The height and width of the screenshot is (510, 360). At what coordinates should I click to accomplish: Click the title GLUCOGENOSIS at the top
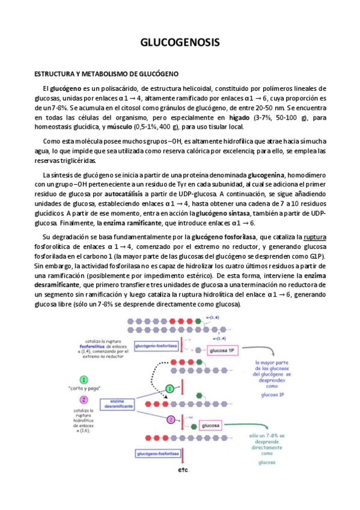coord(180,43)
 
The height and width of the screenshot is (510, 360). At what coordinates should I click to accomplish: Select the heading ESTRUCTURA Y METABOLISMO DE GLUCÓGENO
coord(106,74)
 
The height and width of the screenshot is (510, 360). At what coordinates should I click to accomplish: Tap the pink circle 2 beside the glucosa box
coord(171,437)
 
